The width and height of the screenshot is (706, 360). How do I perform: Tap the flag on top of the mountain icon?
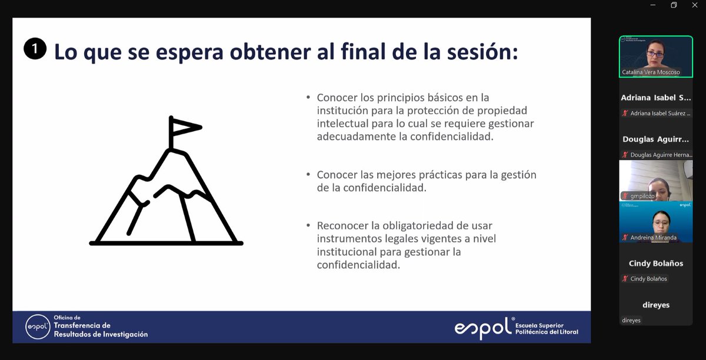pyautogui.click(x=184, y=126)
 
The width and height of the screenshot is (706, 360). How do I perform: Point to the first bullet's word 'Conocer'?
pyautogui.click(x=337, y=98)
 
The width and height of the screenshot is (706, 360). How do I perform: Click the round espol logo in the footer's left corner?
pyautogui.click(x=38, y=326)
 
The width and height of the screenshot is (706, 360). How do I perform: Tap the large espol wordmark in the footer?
pyautogui.click(x=481, y=328)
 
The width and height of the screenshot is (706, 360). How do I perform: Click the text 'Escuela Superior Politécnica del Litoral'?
pyautogui.click(x=546, y=329)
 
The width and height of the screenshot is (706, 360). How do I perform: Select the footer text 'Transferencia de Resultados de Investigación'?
pyautogui.click(x=100, y=329)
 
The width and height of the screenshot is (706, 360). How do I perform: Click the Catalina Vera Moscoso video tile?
pyautogui.click(x=655, y=56)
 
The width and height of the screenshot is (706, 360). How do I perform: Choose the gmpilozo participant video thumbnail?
pyautogui.click(x=655, y=180)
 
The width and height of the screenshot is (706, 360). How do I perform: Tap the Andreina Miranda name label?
pyautogui.click(x=653, y=238)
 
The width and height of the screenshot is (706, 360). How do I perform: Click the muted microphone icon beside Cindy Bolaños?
pyautogui.click(x=625, y=279)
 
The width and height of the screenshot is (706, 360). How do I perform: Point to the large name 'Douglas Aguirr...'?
pyautogui.click(x=655, y=139)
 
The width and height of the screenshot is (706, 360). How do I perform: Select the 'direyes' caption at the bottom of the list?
pyautogui.click(x=631, y=321)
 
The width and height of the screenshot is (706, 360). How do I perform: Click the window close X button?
pyautogui.click(x=694, y=5)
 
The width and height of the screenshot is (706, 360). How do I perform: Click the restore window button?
pyautogui.click(x=674, y=5)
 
